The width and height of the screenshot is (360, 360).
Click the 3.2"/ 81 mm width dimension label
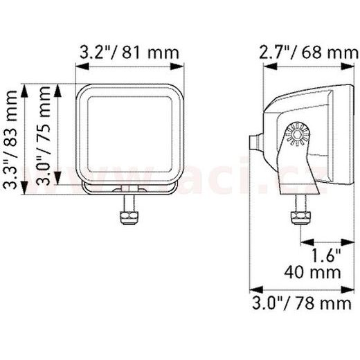click(x=129, y=52)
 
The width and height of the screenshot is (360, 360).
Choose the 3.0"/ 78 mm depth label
click(x=301, y=303)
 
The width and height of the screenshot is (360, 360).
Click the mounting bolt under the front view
click(x=129, y=208)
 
